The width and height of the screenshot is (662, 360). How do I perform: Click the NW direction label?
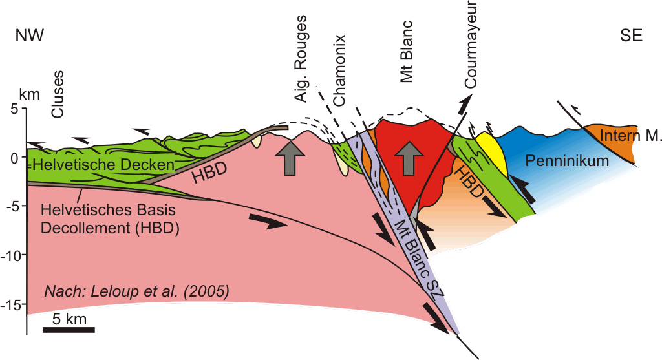pos(30,36)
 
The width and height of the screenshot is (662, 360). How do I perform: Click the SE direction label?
pos(631,36)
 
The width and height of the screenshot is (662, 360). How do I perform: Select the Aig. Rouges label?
pos(301,58)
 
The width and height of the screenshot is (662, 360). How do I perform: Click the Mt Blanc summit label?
pos(407,51)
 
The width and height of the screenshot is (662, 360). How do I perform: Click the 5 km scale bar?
pos(69,330)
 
